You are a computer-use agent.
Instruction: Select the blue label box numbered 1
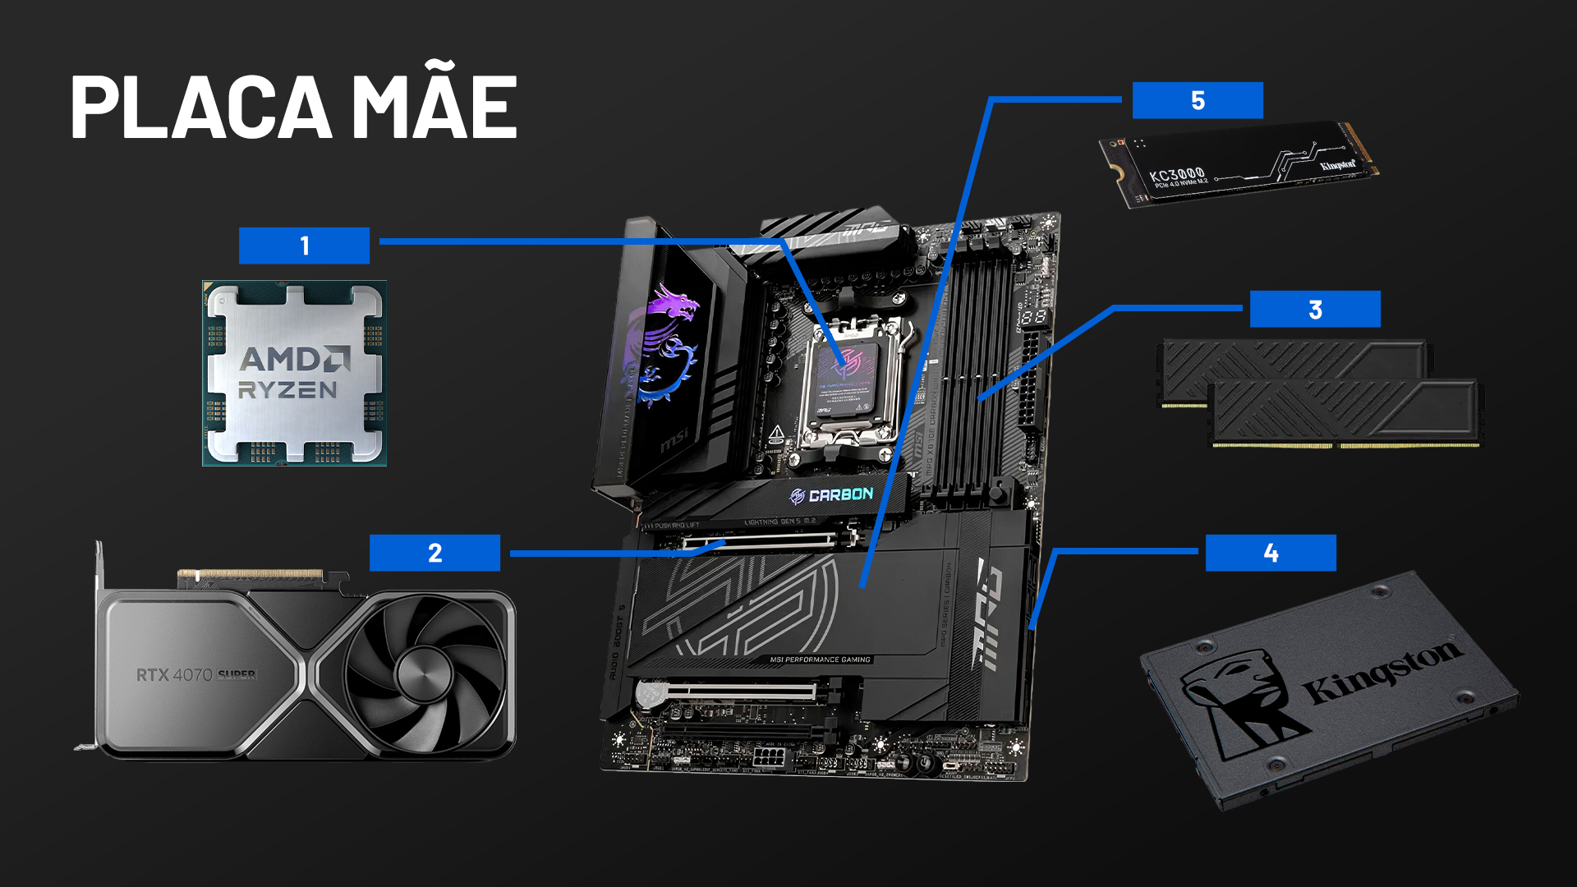click(304, 246)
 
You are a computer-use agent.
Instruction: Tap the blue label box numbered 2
click(434, 553)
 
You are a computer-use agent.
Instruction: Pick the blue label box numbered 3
click(1315, 310)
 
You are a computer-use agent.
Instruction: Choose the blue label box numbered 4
click(1271, 553)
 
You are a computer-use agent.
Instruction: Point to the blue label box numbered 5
click(1198, 100)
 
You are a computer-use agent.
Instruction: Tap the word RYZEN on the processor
click(287, 390)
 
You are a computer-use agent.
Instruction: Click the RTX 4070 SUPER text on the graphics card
click(195, 675)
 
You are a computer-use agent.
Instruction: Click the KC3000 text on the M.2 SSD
click(1176, 175)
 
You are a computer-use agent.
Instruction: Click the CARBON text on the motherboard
click(840, 495)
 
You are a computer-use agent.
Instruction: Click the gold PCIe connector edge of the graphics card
click(251, 574)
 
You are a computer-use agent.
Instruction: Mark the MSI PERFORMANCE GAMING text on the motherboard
click(820, 660)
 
